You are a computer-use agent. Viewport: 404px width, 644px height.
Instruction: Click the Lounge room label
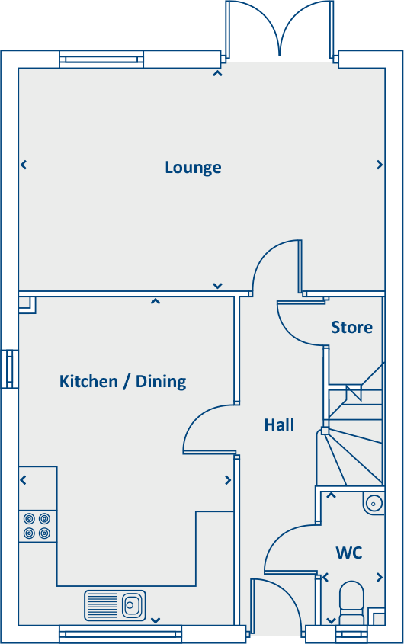point(193,167)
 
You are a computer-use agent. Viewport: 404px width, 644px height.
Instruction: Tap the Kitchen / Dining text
point(123,381)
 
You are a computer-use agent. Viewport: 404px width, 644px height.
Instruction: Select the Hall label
point(279,425)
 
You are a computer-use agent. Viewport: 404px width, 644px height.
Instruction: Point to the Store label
point(351,327)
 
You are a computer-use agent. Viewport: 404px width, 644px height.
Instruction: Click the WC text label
point(348,553)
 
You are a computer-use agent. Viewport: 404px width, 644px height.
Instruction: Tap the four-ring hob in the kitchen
point(37,525)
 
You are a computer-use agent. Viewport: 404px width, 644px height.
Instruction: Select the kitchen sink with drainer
point(115,605)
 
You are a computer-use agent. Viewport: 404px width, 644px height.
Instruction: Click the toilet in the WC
point(352,602)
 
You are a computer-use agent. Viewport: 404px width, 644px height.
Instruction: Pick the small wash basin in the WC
point(373,503)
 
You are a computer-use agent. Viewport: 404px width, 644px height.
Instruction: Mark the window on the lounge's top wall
point(101,59)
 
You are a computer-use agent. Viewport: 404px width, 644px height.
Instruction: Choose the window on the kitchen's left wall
point(10,369)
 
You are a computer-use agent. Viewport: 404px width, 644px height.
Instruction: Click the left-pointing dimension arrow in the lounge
point(24,165)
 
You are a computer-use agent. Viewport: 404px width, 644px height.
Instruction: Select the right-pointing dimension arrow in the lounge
point(379,165)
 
